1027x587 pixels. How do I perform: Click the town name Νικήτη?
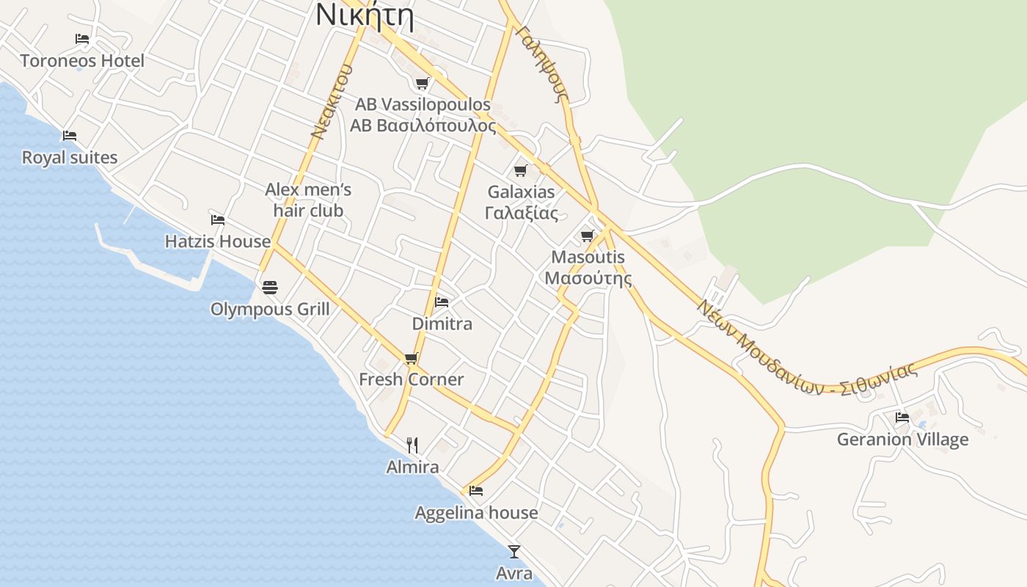click(x=365, y=15)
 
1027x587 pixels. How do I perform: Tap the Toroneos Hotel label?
click(x=82, y=61)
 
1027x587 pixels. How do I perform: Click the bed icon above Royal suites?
click(x=70, y=136)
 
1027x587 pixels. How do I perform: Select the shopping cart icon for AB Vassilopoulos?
click(x=422, y=83)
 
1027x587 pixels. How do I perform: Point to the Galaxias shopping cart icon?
click(x=520, y=171)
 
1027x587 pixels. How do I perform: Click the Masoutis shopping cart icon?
click(x=587, y=236)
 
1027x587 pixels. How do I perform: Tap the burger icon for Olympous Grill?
click(x=270, y=287)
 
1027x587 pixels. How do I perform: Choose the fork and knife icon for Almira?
click(x=412, y=445)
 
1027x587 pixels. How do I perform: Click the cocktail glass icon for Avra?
click(x=514, y=551)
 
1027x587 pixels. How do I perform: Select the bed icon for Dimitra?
click(x=442, y=302)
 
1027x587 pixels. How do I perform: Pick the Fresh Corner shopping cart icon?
click(x=411, y=358)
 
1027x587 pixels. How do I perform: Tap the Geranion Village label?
click(x=902, y=440)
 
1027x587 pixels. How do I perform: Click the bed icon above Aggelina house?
click(x=476, y=490)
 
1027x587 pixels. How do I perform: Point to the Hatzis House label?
click(x=217, y=241)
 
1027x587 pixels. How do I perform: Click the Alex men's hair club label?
click(x=308, y=200)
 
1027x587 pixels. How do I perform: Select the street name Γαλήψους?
click(x=543, y=65)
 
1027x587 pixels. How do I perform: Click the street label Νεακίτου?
click(x=332, y=102)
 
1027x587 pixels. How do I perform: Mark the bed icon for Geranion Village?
click(x=902, y=417)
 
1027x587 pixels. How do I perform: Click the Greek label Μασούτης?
click(x=588, y=279)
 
